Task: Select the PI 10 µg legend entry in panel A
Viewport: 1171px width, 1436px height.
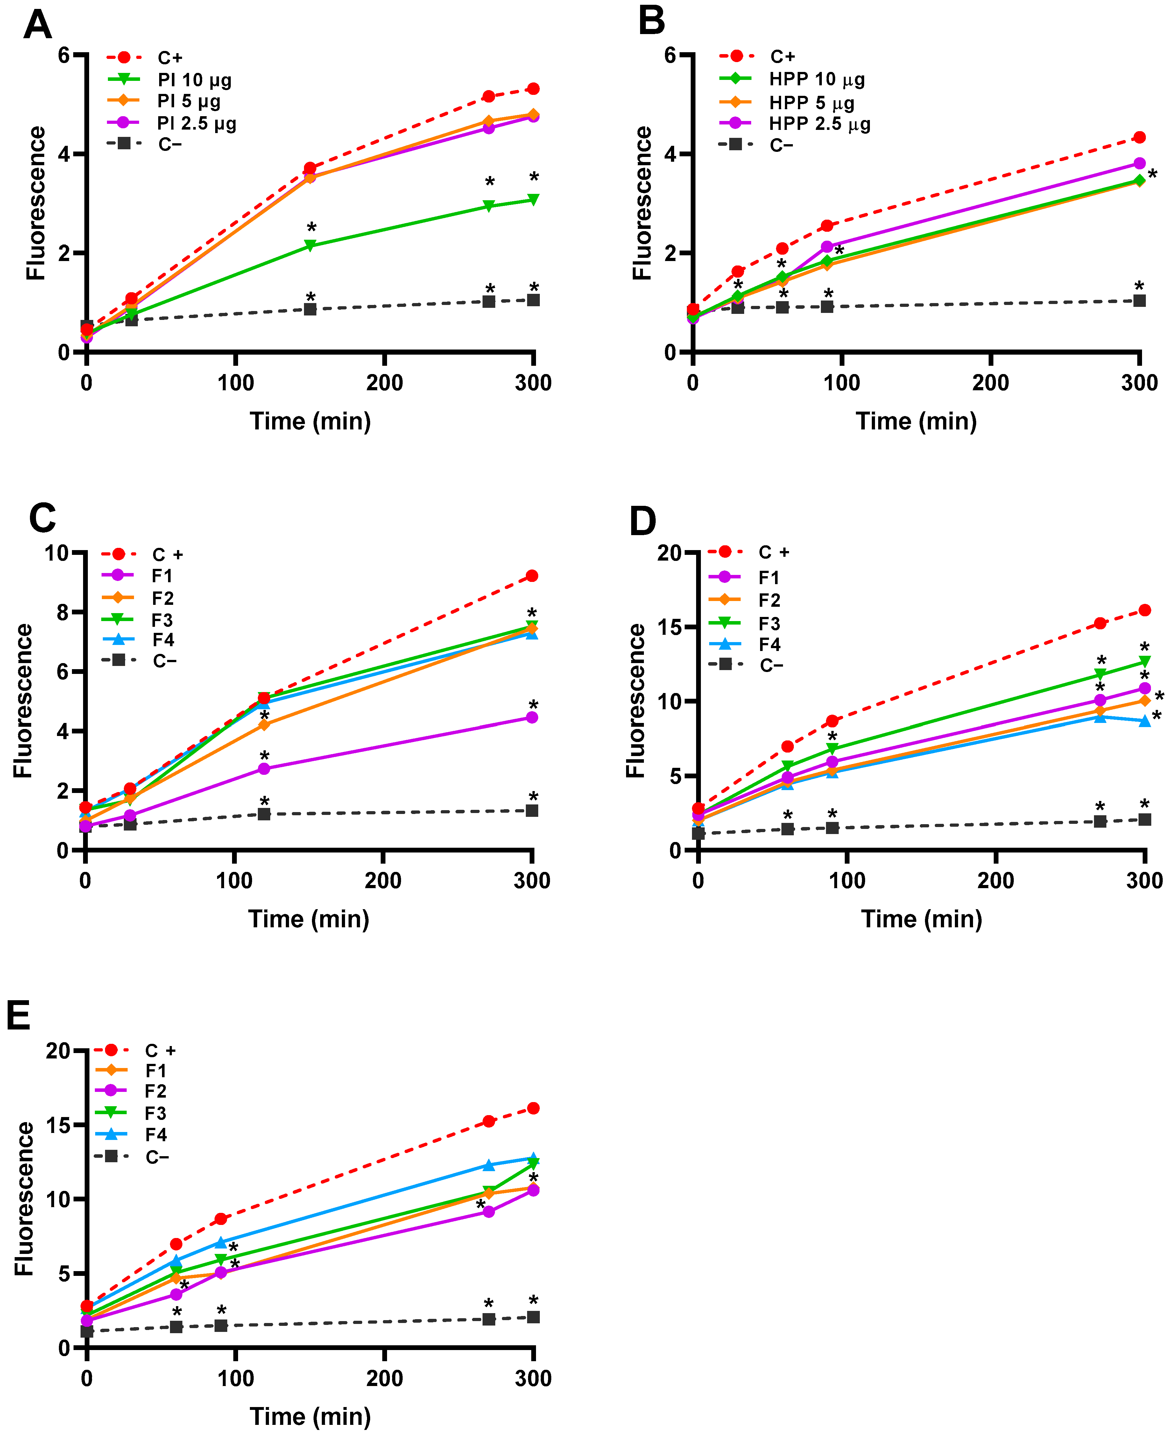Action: (x=194, y=80)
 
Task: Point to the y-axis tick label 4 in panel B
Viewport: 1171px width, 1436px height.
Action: (x=670, y=154)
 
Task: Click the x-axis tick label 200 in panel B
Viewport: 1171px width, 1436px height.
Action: (x=990, y=383)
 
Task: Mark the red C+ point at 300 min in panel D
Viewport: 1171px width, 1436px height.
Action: (x=1145, y=611)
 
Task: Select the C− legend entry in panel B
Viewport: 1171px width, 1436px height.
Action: (x=781, y=145)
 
